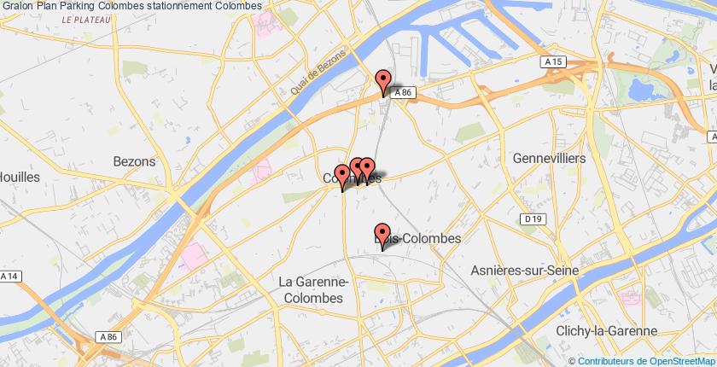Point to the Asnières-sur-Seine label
[525, 271]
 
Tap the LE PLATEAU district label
[86, 20]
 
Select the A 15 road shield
[554, 62]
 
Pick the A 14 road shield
[9, 277]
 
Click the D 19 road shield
[534, 219]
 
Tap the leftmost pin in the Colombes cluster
[343, 178]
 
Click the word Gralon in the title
[18, 5]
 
